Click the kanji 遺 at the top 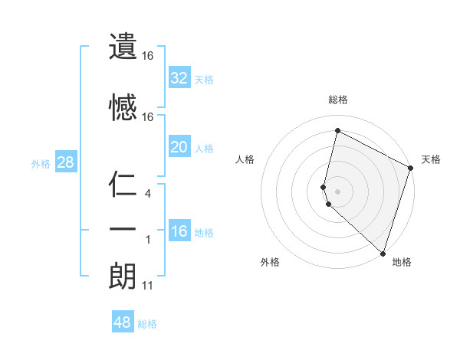coord(122,47)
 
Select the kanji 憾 coord(122,106)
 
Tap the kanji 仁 coord(122,186)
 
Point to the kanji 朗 coord(122,275)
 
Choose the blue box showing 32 coord(179,77)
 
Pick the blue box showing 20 coord(179,147)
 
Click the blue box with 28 coord(64,162)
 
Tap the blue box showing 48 coord(123,322)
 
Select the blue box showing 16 coord(179,231)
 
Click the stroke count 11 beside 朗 coord(147,286)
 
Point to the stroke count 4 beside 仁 coord(147,195)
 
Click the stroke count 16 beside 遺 coord(148,56)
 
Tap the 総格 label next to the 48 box coord(147,324)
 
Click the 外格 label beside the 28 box coord(41,163)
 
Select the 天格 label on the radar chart coord(431,159)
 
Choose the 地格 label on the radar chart coord(402,262)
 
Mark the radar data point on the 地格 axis coord(383,253)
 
